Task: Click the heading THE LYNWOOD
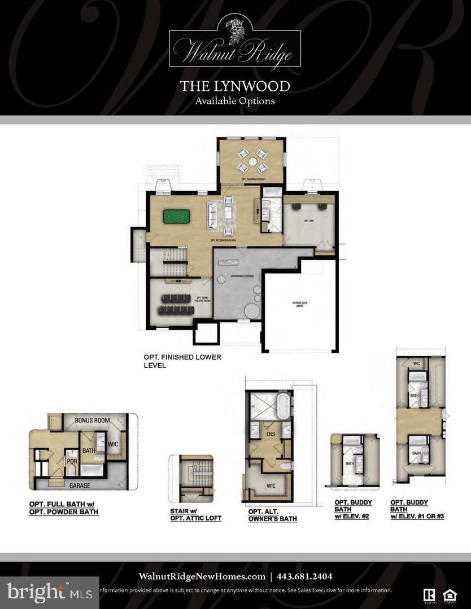235,86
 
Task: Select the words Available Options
235,101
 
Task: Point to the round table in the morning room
252,161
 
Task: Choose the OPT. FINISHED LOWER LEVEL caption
182,361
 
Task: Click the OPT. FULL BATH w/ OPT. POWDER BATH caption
64,507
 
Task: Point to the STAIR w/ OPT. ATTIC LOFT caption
195,514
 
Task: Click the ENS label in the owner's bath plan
270,434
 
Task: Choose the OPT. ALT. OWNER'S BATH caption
272,515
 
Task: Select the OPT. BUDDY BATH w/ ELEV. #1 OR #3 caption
417,509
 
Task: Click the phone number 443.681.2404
304,576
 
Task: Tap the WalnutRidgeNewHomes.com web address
202,576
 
